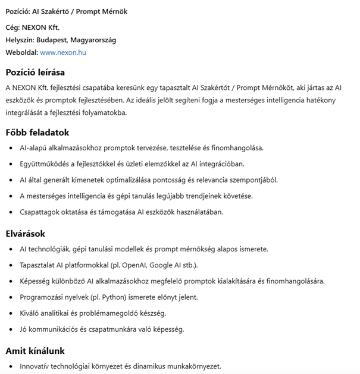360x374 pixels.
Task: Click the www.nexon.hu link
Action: click(63, 52)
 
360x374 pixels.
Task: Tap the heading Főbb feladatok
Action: click(37, 133)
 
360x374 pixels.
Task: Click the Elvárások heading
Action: click(26, 234)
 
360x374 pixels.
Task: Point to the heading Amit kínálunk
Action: click(35, 351)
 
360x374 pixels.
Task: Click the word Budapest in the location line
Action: click(51, 40)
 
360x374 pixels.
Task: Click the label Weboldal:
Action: click(21, 52)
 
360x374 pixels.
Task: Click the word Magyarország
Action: click(93, 40)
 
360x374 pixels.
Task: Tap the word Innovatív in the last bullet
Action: click(36, 366)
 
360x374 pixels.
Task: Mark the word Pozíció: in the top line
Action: click(17, 11)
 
